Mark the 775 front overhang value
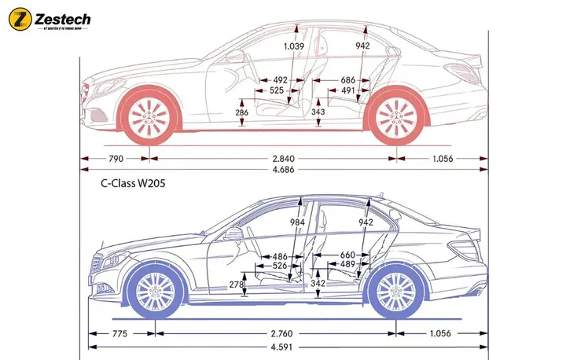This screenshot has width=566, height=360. tap(119, 333)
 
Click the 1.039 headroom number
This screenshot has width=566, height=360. tap(293, 46)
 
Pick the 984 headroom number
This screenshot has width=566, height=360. tap(296, 222)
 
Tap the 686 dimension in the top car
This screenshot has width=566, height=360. tap(348, 80)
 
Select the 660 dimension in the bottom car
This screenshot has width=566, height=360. tap(347, 255)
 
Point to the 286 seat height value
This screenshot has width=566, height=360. tap(242, 113)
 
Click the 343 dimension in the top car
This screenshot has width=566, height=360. tap(318, 112)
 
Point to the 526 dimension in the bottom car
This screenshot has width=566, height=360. tap(279, 266)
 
